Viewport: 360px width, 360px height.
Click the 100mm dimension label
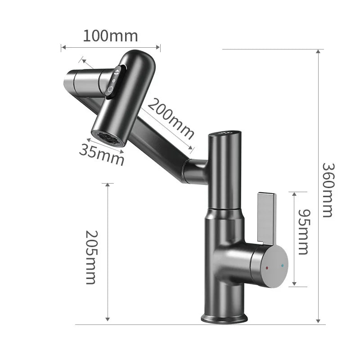(110, 36)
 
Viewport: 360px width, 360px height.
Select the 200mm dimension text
(171, 119)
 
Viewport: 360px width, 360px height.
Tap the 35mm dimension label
(102, 155)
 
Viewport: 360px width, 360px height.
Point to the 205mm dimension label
(91, 257)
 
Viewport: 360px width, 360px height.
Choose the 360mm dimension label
(328, 190)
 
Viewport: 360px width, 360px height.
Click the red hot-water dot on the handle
(267, 268)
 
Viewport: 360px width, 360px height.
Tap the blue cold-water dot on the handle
(282, 265)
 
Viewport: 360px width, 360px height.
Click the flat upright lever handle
(267, 218)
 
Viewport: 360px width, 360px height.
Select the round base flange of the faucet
(224, 319)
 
